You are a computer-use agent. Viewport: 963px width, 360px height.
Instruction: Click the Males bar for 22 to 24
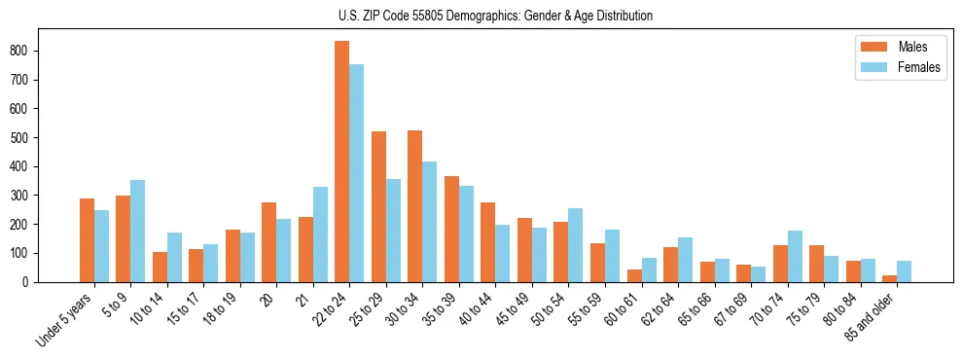coord(342,162)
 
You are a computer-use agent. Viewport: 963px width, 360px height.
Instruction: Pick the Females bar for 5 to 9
coord(138,231)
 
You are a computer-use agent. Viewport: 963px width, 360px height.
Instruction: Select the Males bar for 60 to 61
coord(634,275)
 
